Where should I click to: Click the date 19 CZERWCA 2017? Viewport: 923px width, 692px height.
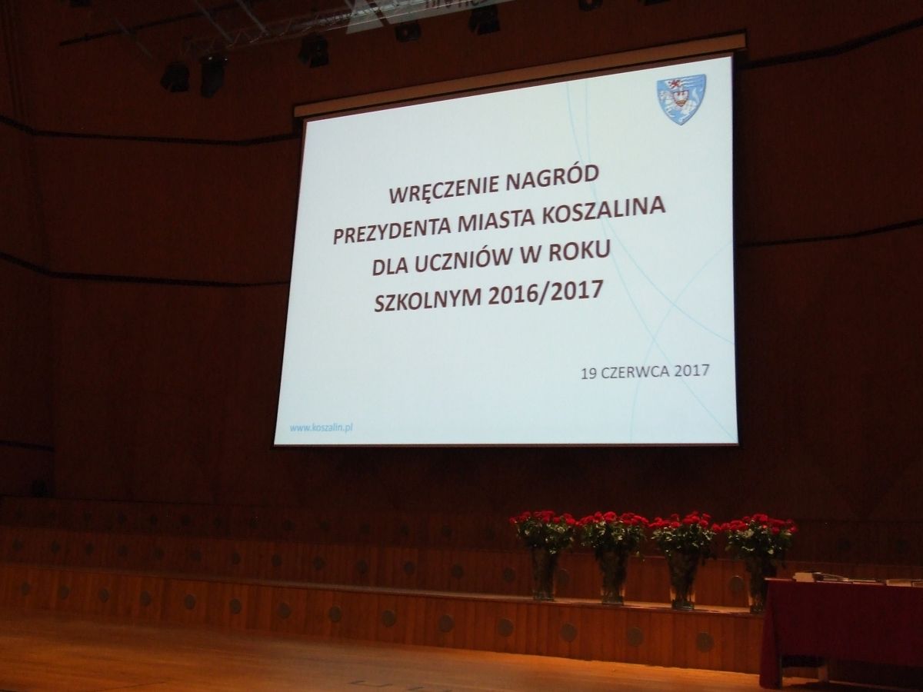[x=645, y=372]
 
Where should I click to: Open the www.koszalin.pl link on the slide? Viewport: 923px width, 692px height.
[x=322, y=428]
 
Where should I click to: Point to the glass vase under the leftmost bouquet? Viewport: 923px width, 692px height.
[x=544, y=574]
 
